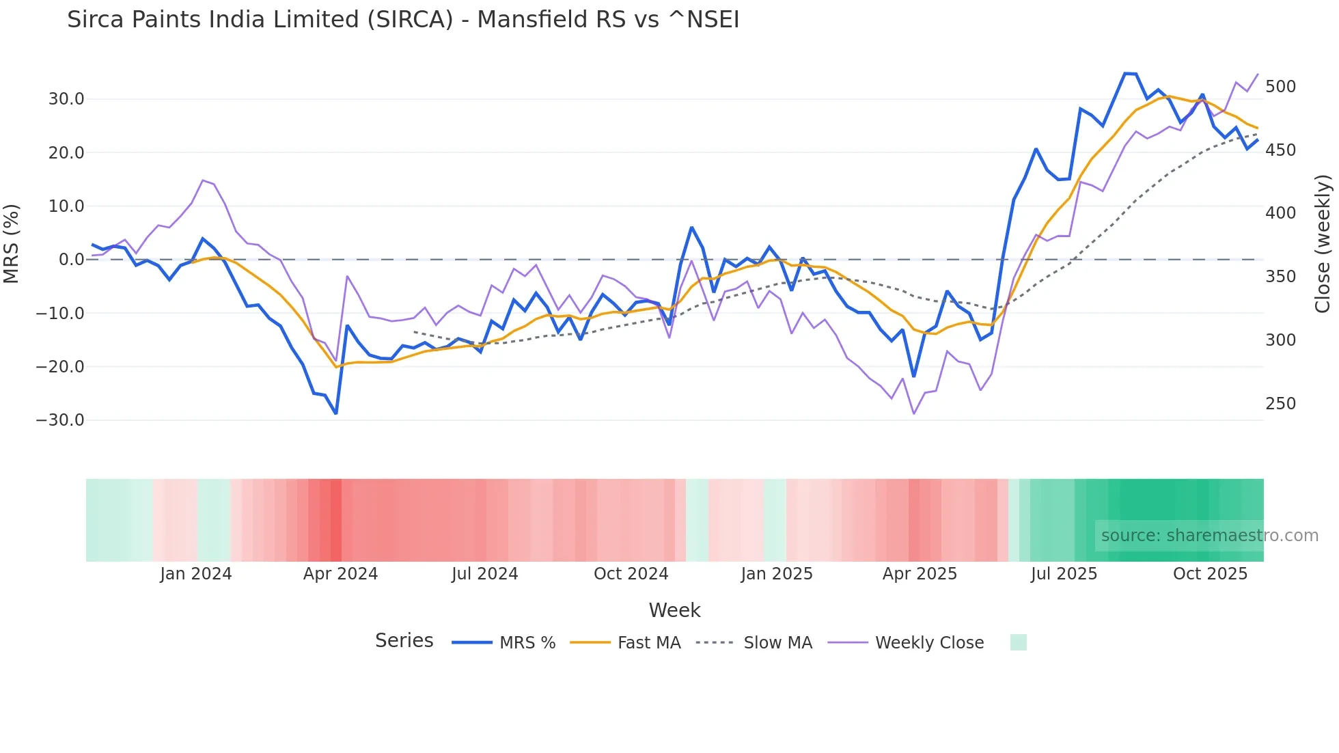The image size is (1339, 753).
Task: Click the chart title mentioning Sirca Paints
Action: [x=403, y=20]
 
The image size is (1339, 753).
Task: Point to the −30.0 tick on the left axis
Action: [x=60, y=420]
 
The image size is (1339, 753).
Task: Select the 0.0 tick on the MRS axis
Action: [x=71, y=260]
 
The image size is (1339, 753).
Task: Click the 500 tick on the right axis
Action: [x=1280, y=87]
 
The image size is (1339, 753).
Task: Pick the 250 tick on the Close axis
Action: [x=1280, y=404]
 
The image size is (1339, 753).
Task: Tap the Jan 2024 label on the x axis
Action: [x=196, y=574]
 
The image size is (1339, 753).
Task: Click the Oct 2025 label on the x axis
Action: [x=1210, y=574]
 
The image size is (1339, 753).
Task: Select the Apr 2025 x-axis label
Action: [x=920, y=574]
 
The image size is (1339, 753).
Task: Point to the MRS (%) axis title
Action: [x=12, y=243]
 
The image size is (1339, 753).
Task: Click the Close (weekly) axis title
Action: [x=1323, y=243]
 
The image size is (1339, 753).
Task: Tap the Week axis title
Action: [x=674, y=610]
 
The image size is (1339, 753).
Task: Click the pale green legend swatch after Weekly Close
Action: [x=1018, y=642]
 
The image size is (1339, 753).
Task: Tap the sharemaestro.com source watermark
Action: [x=1209, y=536]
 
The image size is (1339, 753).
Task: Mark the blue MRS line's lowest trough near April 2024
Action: [x=336, y=413]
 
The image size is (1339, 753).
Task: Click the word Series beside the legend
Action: [x=404, y=641]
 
